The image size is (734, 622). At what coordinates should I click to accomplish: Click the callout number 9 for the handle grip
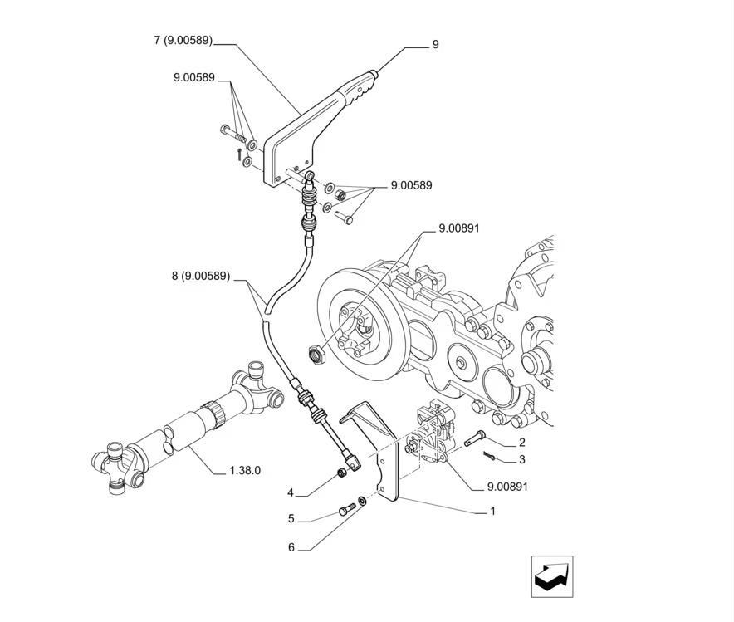[435, 45]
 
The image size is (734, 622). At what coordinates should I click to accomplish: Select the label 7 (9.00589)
[183, 40]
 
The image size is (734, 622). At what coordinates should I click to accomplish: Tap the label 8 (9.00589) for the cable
[201, 276]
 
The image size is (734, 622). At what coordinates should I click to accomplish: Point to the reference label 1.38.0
[245, 470]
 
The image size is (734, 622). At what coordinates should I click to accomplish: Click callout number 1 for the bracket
[492, 511]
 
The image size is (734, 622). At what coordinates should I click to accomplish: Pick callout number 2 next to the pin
[521, 443]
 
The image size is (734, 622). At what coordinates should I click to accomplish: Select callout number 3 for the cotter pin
[521, 459]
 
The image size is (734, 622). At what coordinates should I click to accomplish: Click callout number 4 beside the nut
[291, 493]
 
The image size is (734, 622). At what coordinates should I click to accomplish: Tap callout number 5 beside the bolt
[291, 519]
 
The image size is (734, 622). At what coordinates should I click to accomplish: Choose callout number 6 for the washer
[291, 547]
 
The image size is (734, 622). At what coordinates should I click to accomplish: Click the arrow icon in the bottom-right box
[552, 575]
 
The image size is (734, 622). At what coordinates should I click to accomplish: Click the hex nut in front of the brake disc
[316, 355]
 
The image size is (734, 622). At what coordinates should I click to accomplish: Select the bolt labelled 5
[345, 510]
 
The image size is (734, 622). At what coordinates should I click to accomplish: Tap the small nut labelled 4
[340, 473]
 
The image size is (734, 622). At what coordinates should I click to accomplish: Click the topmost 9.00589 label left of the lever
[194, 78]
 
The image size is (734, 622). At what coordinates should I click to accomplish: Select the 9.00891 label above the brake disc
[459, 228]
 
